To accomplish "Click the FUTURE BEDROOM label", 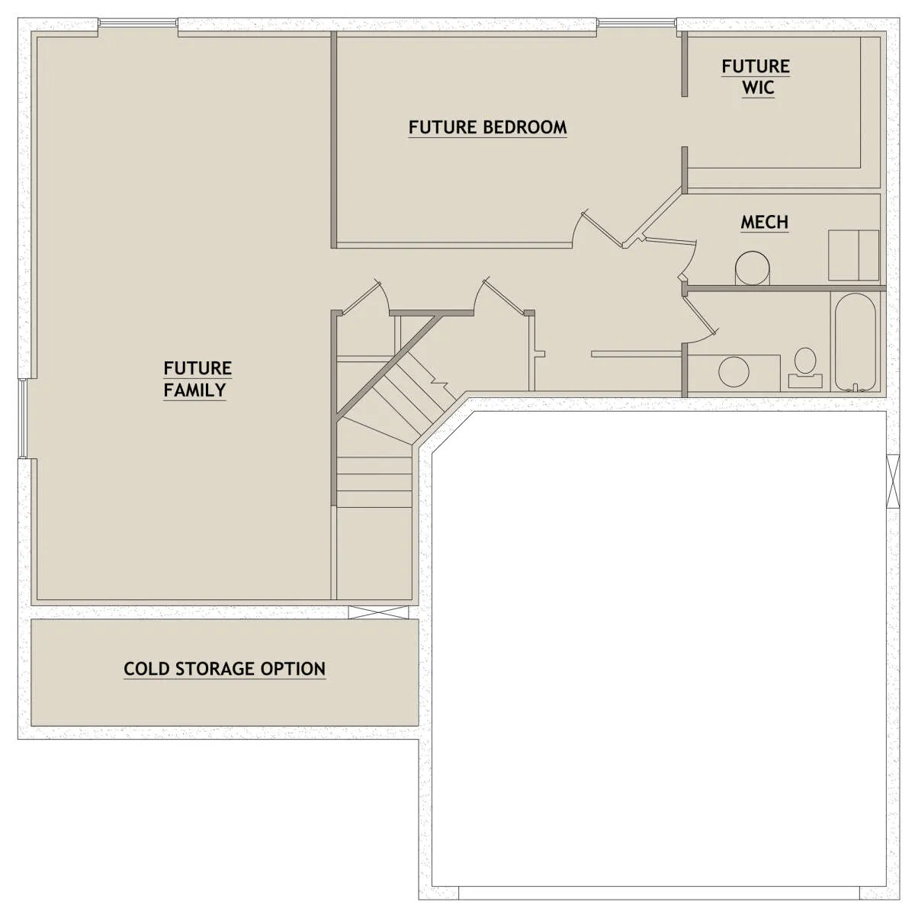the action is click(x=488, y=127).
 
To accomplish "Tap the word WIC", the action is click(x=758, y=88).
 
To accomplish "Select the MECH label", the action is click(x=765, y=222).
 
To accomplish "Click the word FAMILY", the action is click(x=194, y=390).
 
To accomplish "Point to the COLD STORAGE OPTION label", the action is click(x=225, y=669).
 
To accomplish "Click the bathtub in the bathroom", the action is click(x=855, y=342).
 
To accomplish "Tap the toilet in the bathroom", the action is click(x=805, y=368).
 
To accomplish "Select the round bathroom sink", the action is click(x=734, y=371).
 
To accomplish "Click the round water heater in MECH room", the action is click(x=752, y=268).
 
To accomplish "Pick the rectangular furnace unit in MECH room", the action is click(x=854, y=255).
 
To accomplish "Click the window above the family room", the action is click(x=138, y=22).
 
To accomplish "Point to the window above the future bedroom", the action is click(x=636, y=22).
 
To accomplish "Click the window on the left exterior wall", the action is click(x=22, y=419).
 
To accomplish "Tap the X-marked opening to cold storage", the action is click(x=378, y=612).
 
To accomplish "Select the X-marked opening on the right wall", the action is click(x=893, y=481).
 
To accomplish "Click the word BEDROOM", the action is click(x=525, y=127).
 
